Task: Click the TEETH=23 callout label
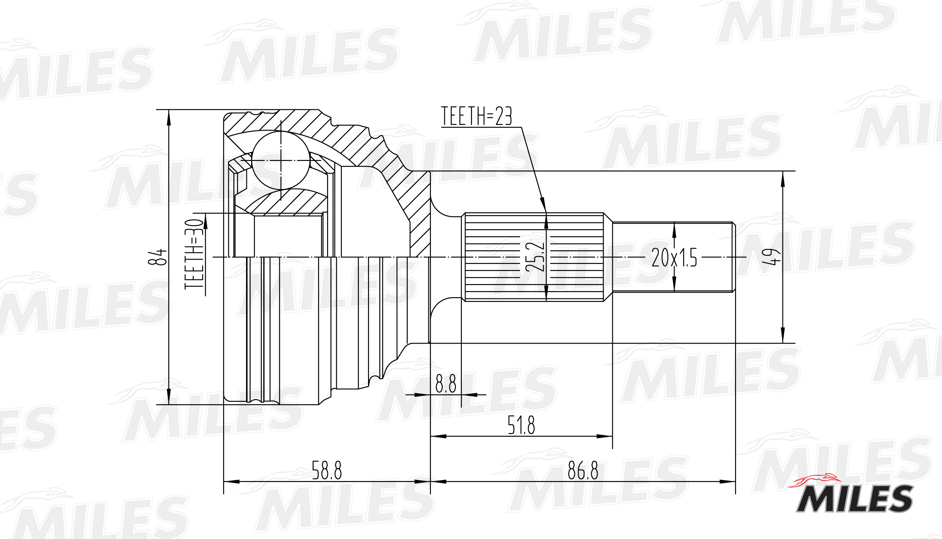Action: coord(476,116)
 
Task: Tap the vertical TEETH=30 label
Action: coord(195,254)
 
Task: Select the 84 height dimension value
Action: coord(157,257)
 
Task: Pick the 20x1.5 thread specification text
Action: coord(674,257)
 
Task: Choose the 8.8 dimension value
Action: coord(446,384)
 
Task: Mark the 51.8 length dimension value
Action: coord(521,425)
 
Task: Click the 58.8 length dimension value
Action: coord(327,470)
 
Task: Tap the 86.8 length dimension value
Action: coord(583,470)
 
